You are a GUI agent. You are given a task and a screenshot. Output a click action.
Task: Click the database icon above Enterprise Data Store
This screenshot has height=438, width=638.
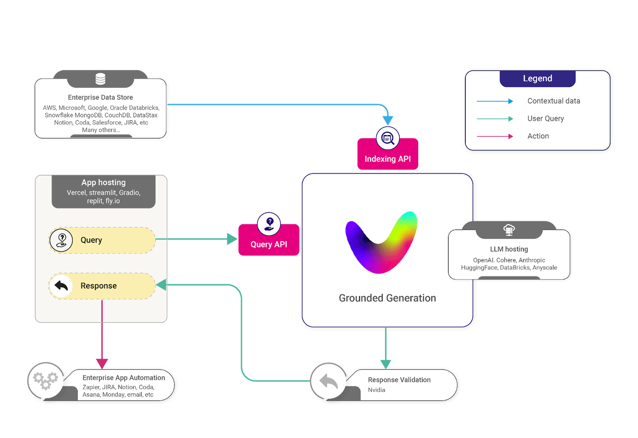coord(101,79)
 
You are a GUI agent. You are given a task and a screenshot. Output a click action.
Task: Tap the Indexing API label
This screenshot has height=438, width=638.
coord(387,159)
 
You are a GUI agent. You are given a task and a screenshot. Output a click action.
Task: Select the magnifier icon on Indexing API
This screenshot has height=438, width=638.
coord(387,138)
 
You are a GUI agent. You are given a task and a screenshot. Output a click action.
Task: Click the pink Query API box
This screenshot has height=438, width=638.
coord(269,244)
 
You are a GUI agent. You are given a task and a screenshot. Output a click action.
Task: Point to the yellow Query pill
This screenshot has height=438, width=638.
coord(102,240)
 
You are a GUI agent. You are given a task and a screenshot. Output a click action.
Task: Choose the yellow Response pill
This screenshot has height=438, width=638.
coord(102,286)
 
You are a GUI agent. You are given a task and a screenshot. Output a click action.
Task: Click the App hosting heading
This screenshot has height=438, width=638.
coord(103,183)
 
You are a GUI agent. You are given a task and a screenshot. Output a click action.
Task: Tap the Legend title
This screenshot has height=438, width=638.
coord(537,78)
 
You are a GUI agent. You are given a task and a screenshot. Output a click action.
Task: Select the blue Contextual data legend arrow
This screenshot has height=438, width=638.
coord(495,101)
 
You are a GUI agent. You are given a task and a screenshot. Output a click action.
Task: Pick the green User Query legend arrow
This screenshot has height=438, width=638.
coord(495,119)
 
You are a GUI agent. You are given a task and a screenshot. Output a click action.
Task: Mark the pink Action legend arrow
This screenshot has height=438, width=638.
coord(495,136)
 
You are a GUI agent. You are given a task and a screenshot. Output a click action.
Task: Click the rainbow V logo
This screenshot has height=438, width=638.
coord(381,242)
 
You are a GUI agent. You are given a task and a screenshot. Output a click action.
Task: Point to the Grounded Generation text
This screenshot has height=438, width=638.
coord(387,298)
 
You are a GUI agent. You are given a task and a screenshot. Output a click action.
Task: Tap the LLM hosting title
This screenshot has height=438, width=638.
coord(509,249)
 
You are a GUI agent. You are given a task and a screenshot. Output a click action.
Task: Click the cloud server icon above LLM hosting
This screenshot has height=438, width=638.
coord(509,230)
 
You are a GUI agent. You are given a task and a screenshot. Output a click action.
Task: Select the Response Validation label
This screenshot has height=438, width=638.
coord(399,380)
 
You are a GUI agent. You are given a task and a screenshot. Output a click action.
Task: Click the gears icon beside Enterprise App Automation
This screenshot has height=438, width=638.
coord(46,380)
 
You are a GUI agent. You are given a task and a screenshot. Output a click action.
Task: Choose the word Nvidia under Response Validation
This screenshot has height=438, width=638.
coord(377,390)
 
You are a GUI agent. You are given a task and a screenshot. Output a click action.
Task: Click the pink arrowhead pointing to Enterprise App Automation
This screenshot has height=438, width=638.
coord(102,363)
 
